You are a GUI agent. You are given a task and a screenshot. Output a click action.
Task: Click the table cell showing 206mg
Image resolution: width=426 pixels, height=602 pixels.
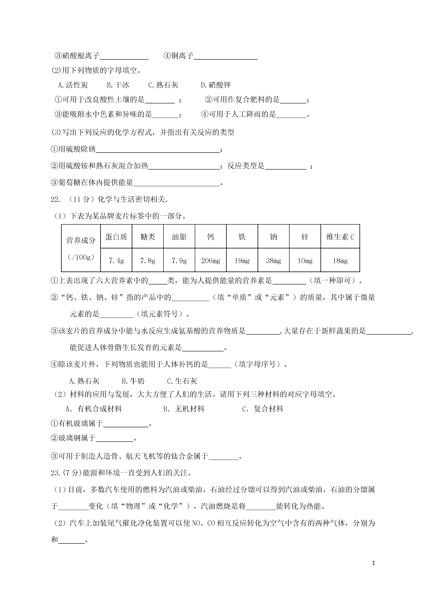(210, 261)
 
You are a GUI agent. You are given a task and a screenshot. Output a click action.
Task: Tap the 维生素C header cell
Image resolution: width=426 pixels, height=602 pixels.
(340, 237)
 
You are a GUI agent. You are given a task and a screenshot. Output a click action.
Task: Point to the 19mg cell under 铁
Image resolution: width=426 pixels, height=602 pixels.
(242, 261)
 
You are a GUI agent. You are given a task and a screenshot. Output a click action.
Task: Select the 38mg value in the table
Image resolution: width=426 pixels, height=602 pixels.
(273, 261)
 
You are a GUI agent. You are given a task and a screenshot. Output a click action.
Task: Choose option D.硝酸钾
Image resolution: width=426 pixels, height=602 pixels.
(216, 85)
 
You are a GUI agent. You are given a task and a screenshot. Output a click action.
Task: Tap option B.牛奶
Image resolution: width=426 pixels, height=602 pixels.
(133, 381)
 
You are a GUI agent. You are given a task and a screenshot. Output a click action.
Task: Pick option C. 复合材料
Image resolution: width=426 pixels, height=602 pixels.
(262, 409)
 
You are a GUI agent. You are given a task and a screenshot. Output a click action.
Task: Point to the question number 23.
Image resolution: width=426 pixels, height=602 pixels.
(55, 473)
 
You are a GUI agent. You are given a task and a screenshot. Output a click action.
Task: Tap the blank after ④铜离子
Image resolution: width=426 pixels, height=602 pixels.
(226, 56)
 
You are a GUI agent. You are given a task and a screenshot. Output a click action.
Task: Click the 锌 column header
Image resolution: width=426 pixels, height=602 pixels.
(305, 237)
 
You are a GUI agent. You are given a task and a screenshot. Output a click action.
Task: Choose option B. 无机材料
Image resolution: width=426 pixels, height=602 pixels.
(184, 409)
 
